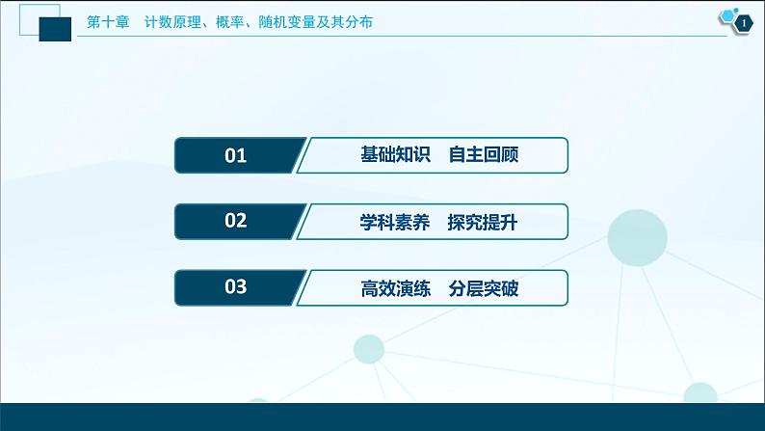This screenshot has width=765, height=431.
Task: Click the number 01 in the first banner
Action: pyautogui.click(x=236, y=155)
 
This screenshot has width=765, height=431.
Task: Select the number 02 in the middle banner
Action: pyautogui.click(x=236, y=221)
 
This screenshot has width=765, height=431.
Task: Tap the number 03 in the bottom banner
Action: pyautogui.click(x=236, y=286)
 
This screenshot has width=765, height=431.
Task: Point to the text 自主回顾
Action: pyautogui.click(x=483, y=154)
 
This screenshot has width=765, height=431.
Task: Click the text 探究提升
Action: pyautogui.click(x=483, y=221)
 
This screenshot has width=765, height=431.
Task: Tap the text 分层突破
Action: pyautogui.click(x=483, y=286)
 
